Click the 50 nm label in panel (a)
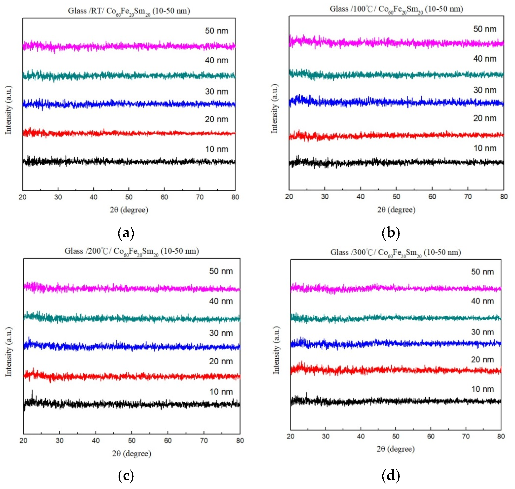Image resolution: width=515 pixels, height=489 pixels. (216, 31)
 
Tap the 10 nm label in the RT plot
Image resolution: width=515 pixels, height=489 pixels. (216, 149)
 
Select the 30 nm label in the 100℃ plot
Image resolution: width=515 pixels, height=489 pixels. (484, 90)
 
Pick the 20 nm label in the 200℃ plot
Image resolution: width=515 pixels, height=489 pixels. (221, 361)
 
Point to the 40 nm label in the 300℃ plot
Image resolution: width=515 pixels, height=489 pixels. (482, 301)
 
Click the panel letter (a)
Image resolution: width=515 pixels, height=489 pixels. (126, 233)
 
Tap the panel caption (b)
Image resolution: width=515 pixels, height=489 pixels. (390, 233)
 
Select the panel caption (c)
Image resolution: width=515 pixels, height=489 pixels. (126, 476)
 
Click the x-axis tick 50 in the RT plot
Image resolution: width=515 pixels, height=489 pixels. (129, 197)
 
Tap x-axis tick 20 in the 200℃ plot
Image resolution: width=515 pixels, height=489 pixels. (23, 441)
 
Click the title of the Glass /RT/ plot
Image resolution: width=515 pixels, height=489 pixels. (129, 11)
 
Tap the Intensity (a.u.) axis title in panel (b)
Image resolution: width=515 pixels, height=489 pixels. (274, 109)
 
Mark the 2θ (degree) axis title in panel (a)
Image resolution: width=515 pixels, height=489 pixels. (129, 210)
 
